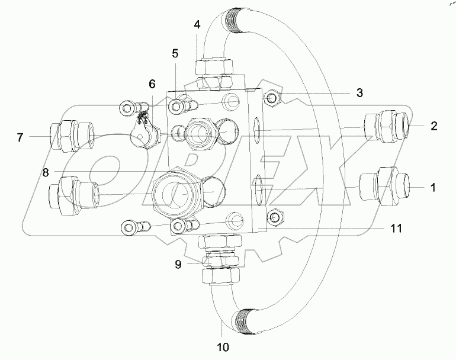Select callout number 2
click(x=433, y=126)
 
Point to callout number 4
click(x=197, y=25)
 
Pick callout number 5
click(x=175, y=53)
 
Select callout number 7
click(x=20, y=138)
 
